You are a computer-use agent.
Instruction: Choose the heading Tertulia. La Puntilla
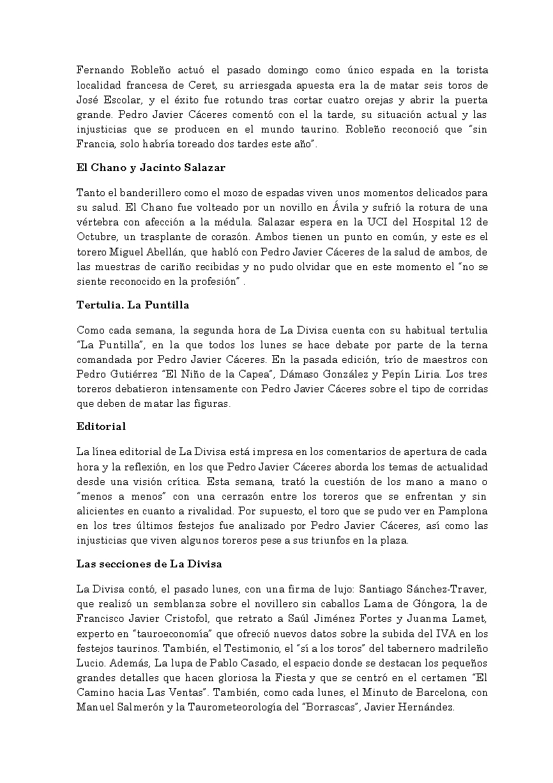(x=132, y=305)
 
